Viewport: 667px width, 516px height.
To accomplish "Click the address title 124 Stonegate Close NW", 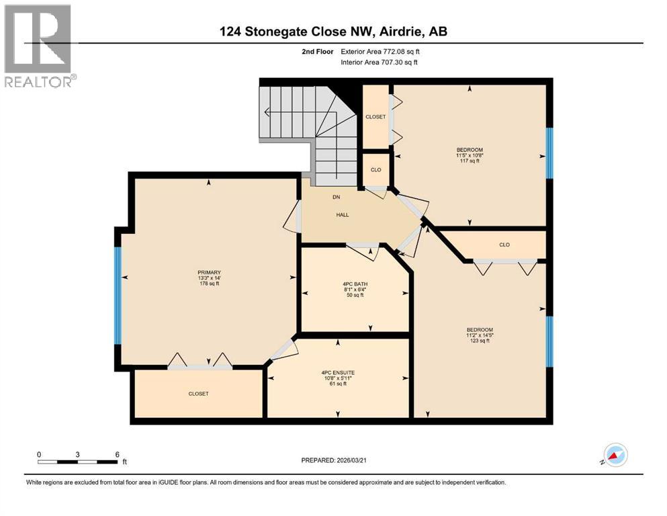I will pos(333,32).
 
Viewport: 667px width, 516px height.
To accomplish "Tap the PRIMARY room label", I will pos(209,277).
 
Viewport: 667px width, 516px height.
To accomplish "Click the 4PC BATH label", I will pos(355,289).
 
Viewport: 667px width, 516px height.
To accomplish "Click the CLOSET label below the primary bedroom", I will pos(198,394).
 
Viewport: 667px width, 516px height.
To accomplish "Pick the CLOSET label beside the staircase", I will pos(375,117).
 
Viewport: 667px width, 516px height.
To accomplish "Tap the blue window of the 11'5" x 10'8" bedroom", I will pos(549,153).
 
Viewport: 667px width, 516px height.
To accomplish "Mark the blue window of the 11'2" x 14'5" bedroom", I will pos(549,341).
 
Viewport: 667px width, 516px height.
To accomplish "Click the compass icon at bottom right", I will pos(615,455).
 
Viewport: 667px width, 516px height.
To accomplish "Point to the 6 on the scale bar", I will pos(117,454).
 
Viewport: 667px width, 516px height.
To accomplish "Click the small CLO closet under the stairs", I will pos(376,169).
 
